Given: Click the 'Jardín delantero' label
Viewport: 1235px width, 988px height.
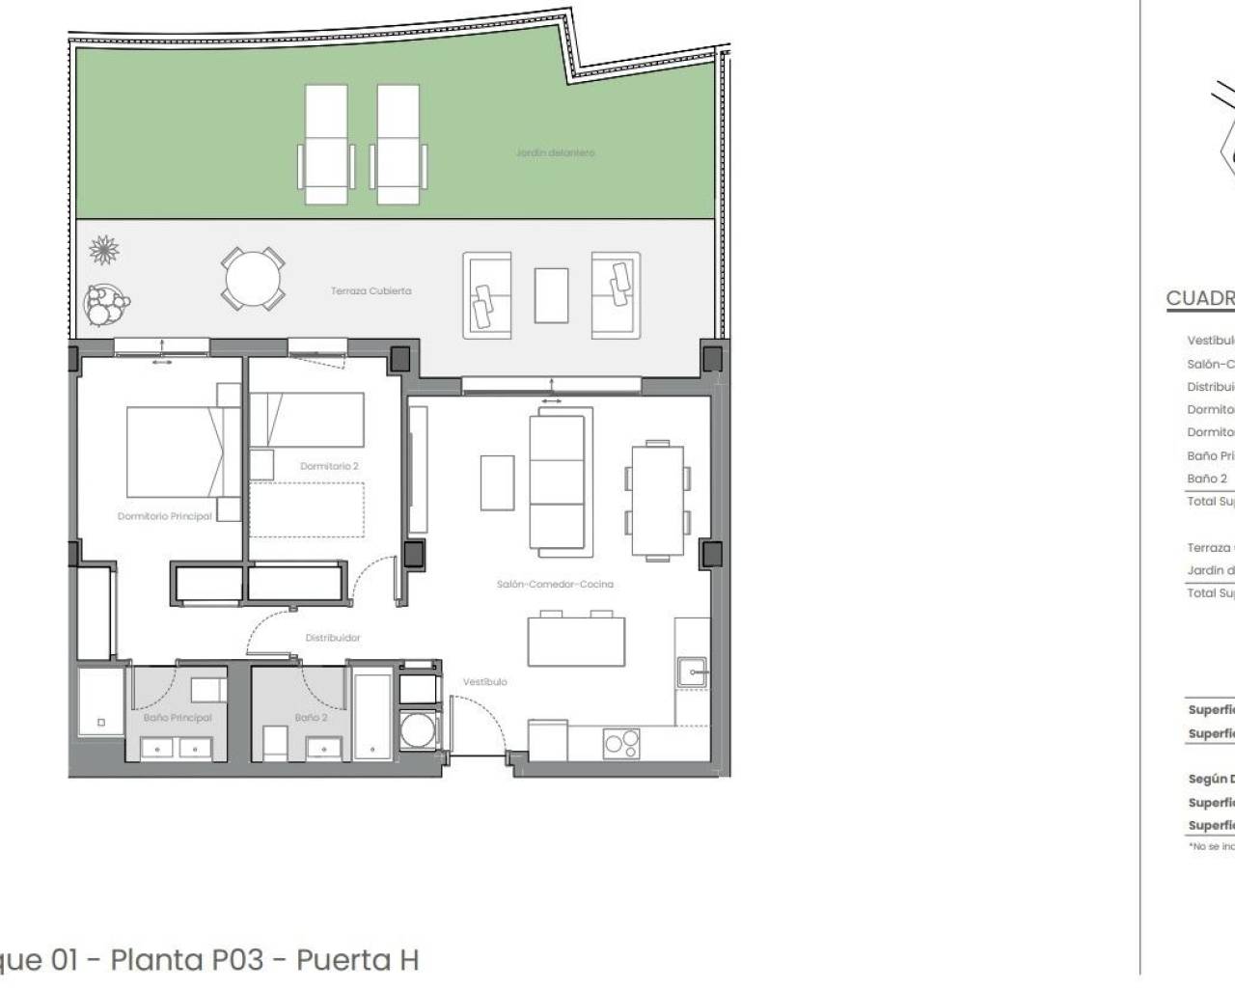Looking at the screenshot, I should (x=555, y=152).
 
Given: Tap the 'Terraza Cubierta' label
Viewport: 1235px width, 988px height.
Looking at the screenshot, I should (x=370, y=290).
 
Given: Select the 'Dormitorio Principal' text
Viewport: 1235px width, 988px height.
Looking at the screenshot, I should (x=164, y=516).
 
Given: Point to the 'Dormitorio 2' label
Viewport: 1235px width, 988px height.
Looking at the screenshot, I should (x=329, y=466).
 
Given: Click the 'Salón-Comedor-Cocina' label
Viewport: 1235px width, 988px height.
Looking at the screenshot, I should (x=555, y=584).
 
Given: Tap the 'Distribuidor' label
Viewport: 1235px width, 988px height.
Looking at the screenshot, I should (x=333, y=638).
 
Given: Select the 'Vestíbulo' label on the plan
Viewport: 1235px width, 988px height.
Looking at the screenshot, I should (x=484, y=681).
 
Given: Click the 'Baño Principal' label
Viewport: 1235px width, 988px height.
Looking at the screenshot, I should (x=178, y=718).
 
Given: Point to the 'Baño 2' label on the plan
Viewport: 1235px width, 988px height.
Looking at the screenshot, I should (x=311, y=718).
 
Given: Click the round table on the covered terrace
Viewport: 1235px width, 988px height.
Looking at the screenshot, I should (x=253, y=279).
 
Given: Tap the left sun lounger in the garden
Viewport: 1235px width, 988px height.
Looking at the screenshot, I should (x=326, y=144).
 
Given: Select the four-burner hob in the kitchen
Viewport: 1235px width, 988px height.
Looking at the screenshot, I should (x=620, y=743).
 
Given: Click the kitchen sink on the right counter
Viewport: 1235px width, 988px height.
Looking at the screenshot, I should (x=692, y=671).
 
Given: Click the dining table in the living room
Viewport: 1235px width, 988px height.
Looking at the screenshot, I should (x=657, y=500).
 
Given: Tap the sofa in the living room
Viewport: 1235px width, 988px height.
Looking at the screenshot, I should (x=557, y=480).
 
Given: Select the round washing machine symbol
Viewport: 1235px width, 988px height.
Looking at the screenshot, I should (x=418, y=730).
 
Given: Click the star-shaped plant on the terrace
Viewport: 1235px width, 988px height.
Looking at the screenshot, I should (x=104, y=251).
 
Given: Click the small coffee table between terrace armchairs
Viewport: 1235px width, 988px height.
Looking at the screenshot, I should (x=551, y=295).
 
